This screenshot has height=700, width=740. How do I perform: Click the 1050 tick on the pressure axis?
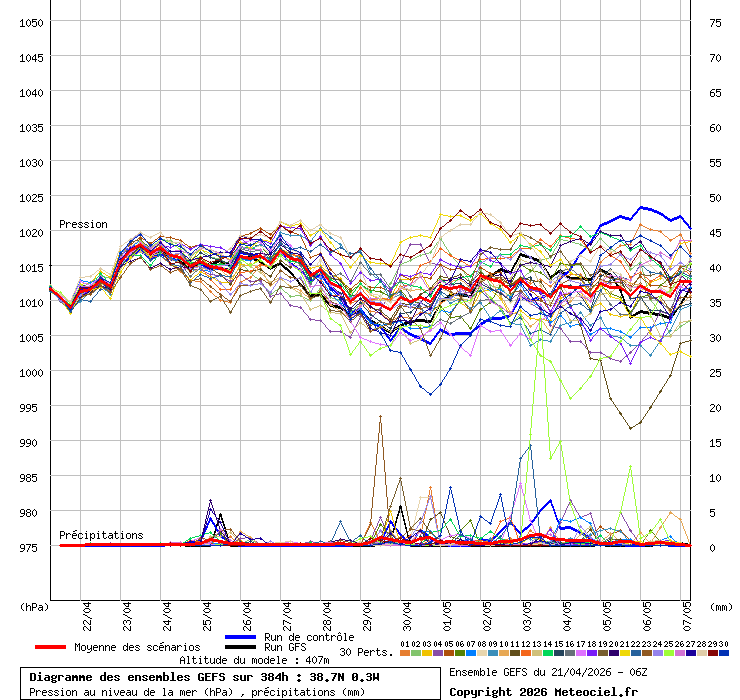coord(31,22)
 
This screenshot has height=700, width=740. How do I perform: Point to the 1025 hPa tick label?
coord(31,197)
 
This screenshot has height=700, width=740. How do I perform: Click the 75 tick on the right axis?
coord(715,22)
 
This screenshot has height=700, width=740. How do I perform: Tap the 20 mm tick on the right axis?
coord(715,407)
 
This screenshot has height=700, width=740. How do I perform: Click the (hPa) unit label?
coord(34,606)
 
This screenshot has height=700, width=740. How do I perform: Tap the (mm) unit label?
coord(721,606)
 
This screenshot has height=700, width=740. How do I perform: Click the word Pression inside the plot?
coord(83,224)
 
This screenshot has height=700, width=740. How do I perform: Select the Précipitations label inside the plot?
coord(101,535)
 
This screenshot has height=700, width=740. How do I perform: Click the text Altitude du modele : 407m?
coord(254,660)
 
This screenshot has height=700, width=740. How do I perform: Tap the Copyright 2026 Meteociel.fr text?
coord(543,691)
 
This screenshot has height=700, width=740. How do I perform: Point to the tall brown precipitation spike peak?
coord(380,416)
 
